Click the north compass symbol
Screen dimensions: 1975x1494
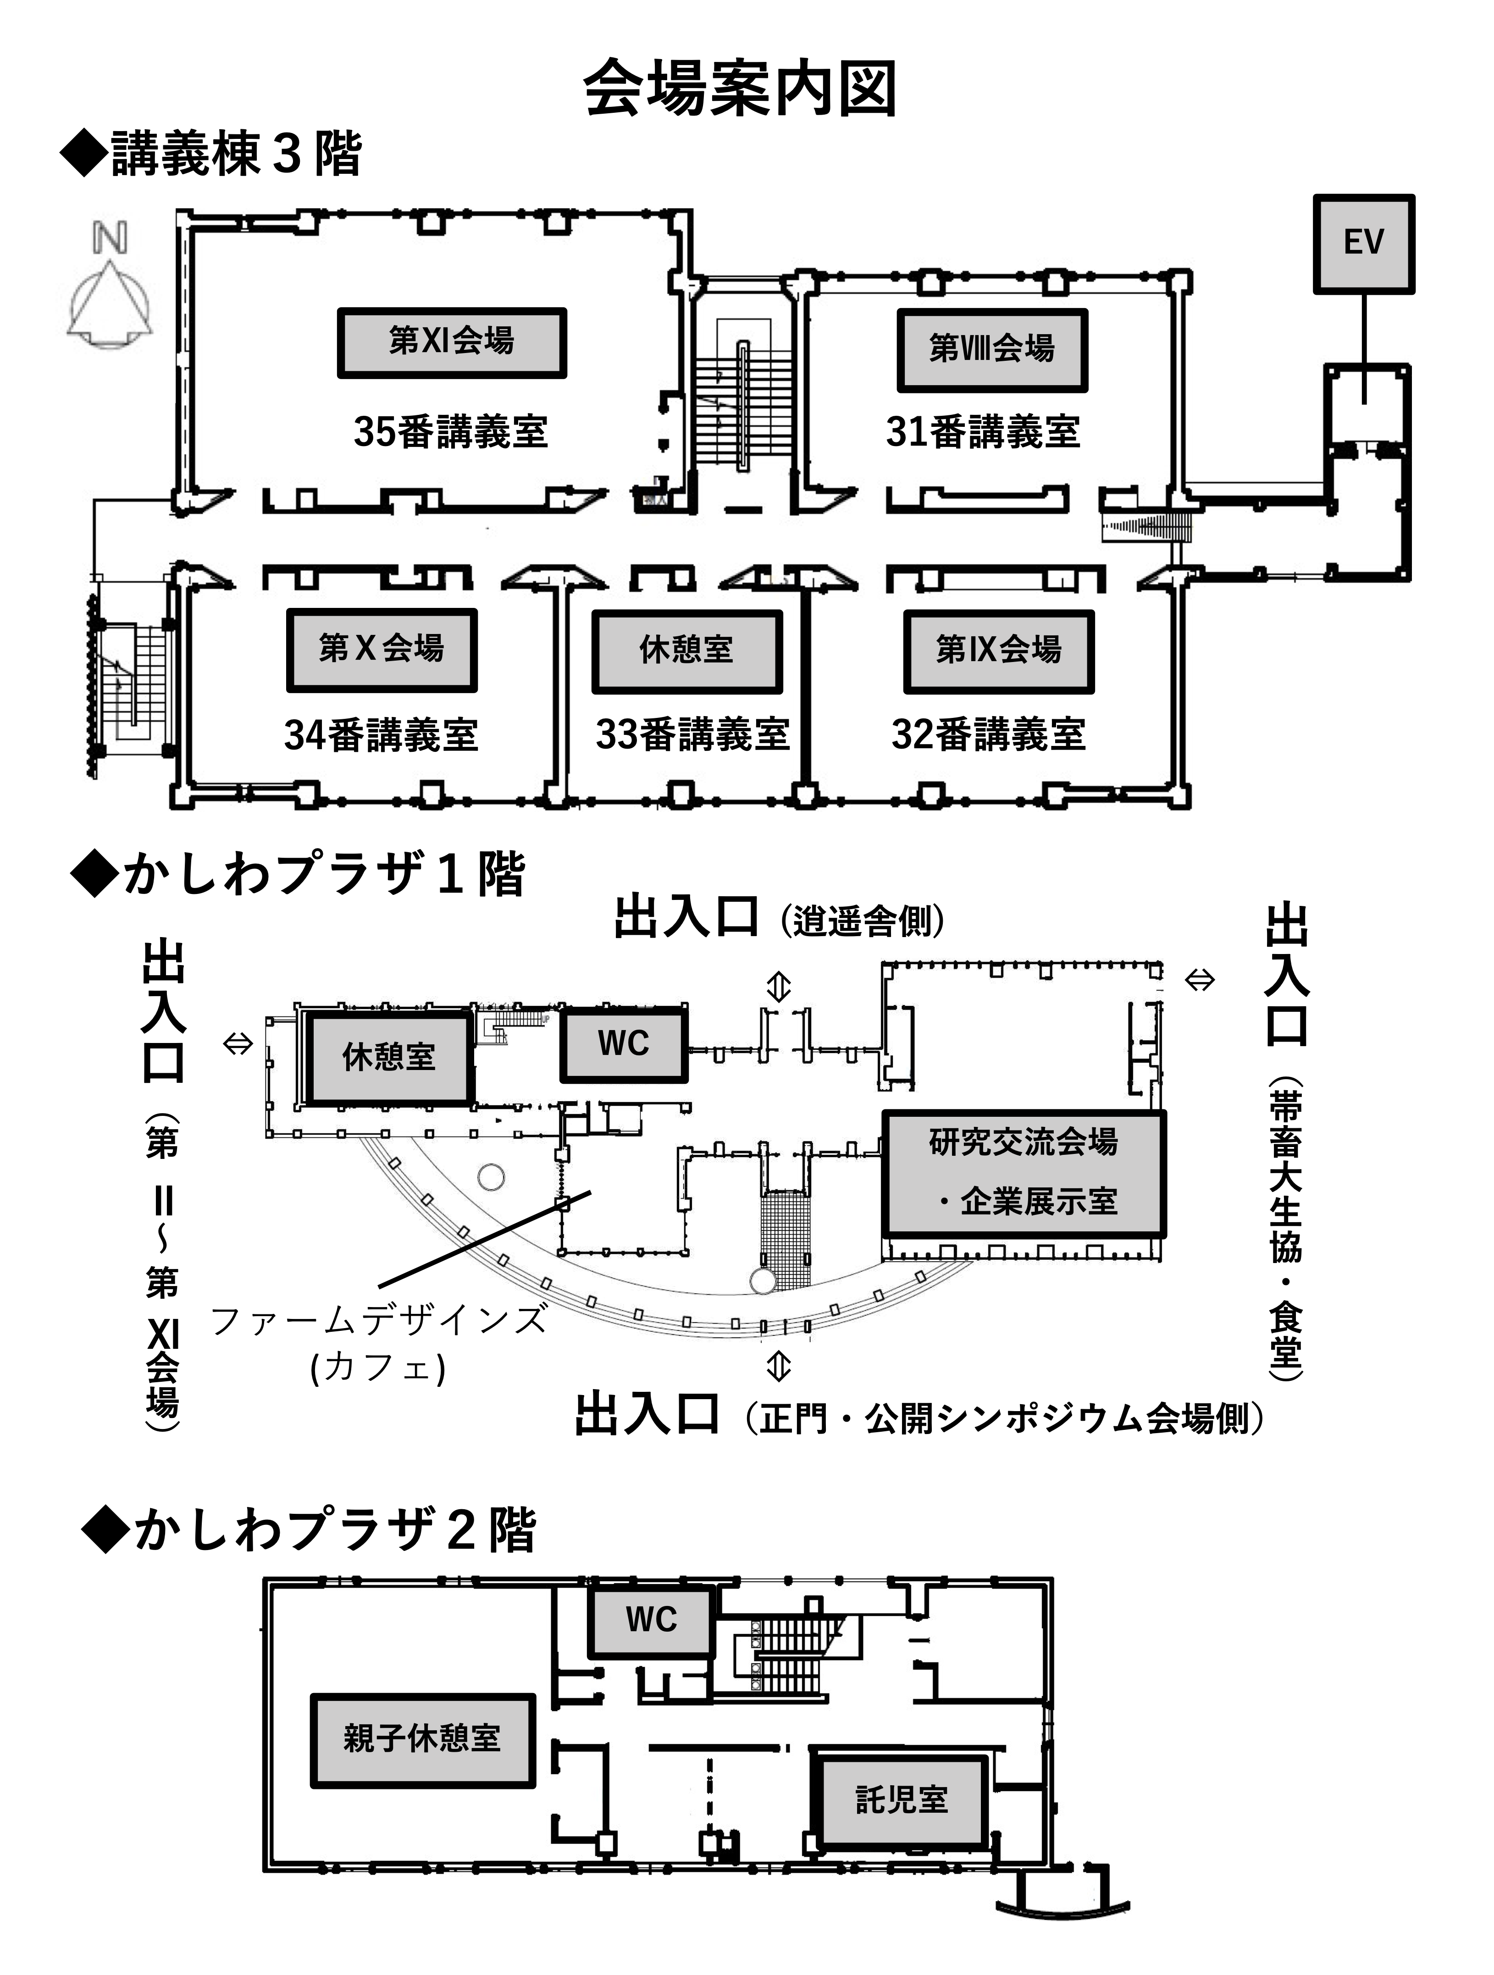point(110,290)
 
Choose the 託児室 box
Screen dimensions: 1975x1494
point(902,1799)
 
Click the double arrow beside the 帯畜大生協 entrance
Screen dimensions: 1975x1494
point(1199,980)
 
